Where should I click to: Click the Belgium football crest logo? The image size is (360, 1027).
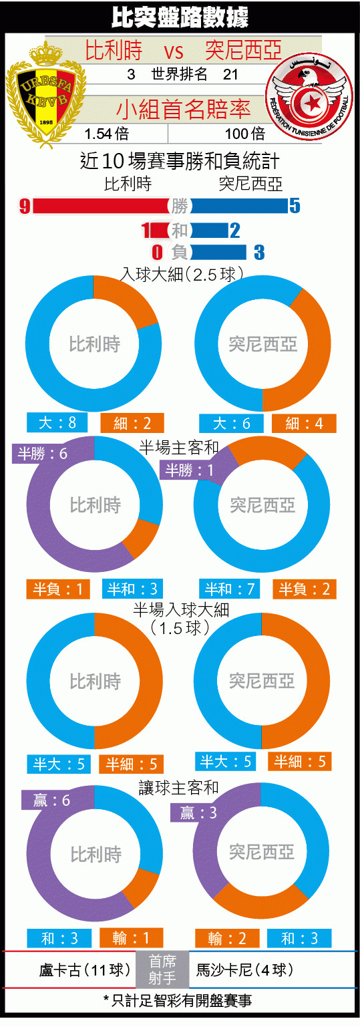pyautogui.click(x=46, y=94)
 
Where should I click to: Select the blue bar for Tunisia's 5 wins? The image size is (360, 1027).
pyautogui.click(x=239, y=206)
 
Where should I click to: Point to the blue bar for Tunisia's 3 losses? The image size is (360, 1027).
pyautogui.click(x=218, y=252)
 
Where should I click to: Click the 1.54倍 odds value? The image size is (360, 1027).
pyautogui.click(x=106, y=134)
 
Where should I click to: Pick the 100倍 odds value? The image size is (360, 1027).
pyautogui.click(x=245, y=134)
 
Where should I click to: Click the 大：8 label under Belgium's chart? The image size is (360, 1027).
pyautogui.click(x=57, y=422)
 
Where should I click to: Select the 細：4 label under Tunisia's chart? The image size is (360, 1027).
pyautogui.click(x=304, y=424)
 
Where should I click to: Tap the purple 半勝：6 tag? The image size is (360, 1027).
pyautogui.click(x=42, y=454)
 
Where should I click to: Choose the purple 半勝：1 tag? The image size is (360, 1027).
pyautogui.click(x=189, y=470)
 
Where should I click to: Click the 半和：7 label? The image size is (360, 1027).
pyautogui.click(x=230, y=589)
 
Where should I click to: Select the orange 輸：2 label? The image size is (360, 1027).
pyautogui.click(x=227, y=938)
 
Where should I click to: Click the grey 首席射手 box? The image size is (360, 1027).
pyautogui.click(x=162, y=970)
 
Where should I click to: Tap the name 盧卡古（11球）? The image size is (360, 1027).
pyautogui.click(x=85, y=970)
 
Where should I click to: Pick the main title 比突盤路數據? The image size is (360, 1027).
pyautogui.click(x=180, y=17)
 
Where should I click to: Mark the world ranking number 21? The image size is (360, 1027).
pyautogui.click(x=231, y=74)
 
